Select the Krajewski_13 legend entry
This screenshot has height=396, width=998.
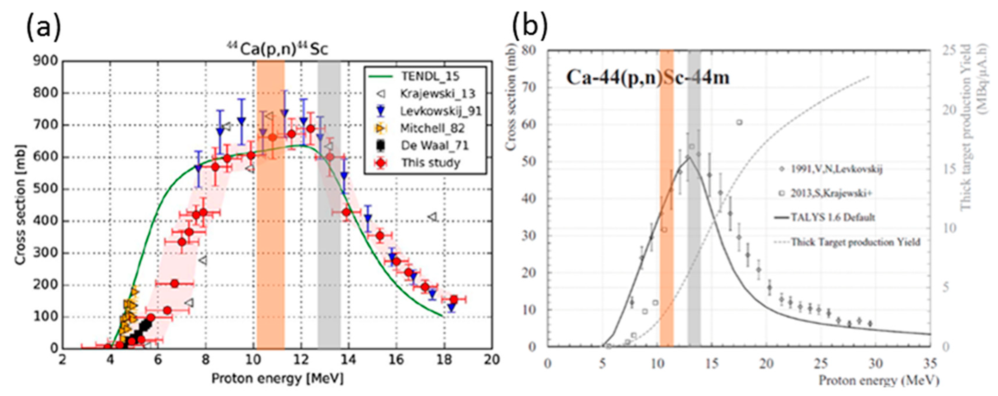[437, 94]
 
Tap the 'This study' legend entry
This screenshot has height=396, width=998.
[430, 163]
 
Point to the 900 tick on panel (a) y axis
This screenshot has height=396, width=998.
[45, 61]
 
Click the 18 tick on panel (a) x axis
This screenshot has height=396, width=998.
[444, 360]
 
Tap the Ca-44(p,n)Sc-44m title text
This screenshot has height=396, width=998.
[648, 78]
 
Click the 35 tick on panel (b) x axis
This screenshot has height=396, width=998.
[930, 364]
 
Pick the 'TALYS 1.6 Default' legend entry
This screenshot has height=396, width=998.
[833, 217]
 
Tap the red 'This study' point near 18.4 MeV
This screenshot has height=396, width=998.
[454, 299]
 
